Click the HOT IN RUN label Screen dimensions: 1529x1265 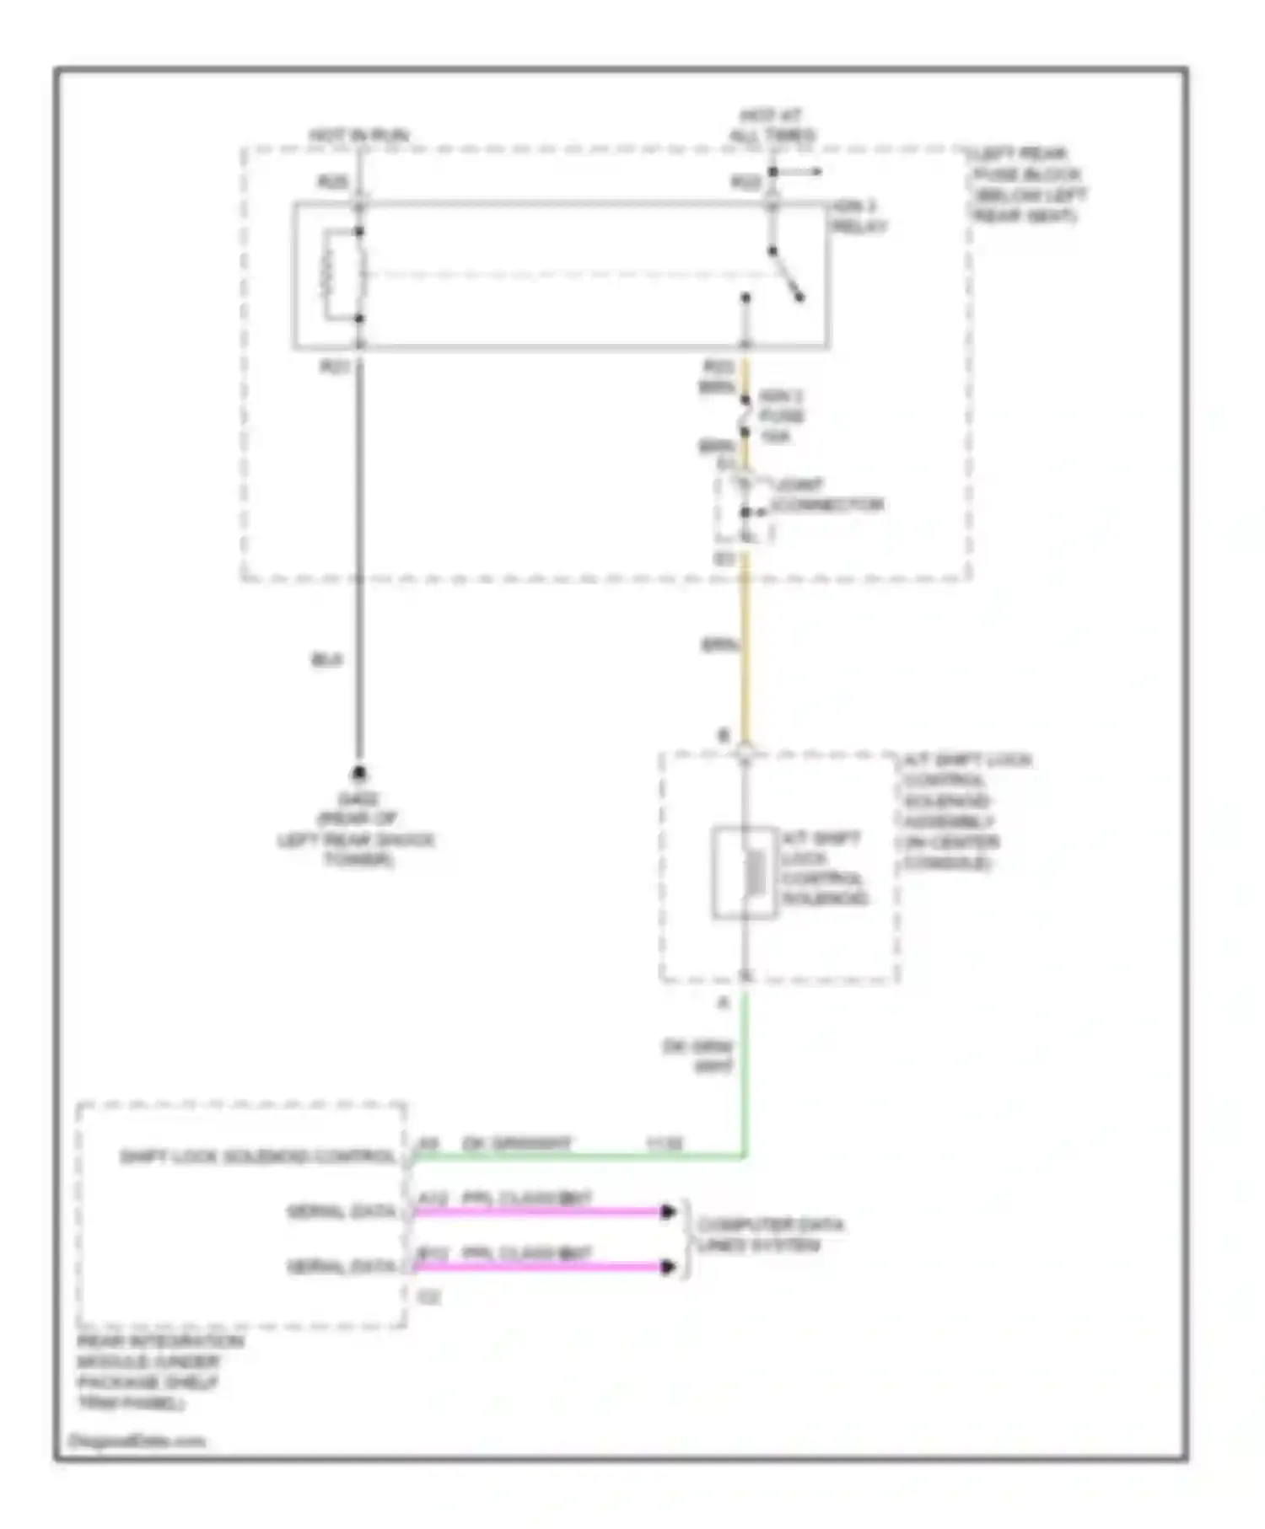358,135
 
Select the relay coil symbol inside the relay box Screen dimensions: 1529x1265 331,275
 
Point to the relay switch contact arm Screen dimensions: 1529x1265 786,275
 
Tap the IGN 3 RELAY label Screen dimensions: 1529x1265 859,217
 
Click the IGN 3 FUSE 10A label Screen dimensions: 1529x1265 781,416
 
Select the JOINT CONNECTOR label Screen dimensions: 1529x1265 826,496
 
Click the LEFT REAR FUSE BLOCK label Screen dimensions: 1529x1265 1027,184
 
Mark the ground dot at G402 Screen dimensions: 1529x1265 358,772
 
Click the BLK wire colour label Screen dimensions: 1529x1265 326,660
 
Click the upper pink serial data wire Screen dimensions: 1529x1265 540,1212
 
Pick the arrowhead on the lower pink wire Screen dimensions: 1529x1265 668,1267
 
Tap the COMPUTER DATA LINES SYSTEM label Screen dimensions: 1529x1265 769,1235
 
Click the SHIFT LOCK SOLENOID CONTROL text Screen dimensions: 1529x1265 257,1156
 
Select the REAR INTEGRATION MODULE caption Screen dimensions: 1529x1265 160,1371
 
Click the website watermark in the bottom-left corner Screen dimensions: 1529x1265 136,1440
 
